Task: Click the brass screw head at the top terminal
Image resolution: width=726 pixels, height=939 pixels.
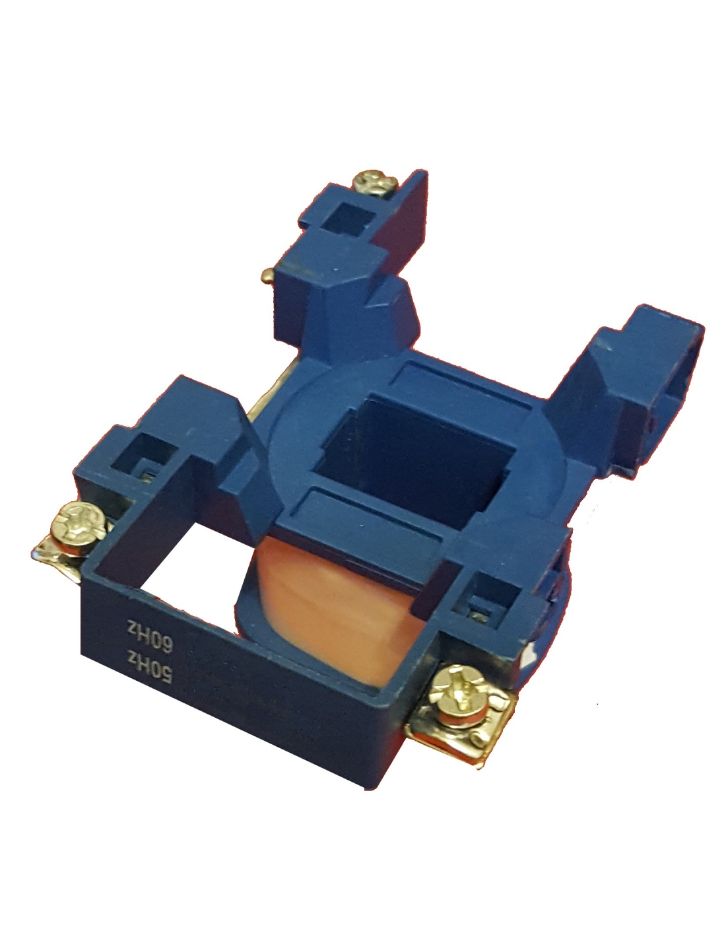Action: click(x=375, y=183)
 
